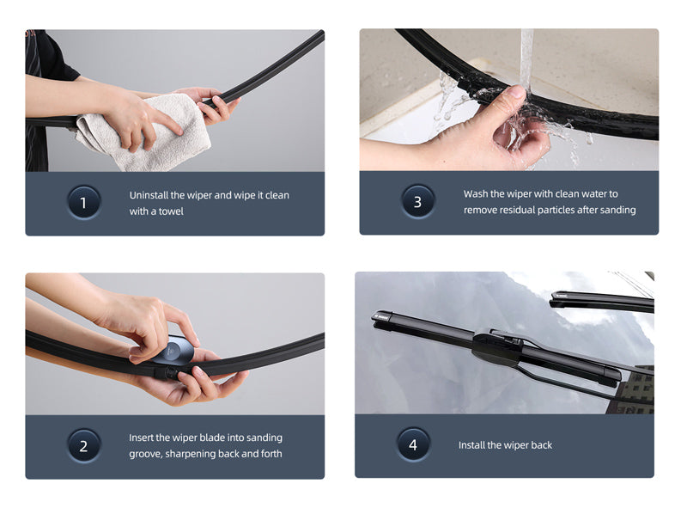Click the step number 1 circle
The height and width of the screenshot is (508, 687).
coord(83,202)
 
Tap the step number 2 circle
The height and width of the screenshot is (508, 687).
coord(83,446)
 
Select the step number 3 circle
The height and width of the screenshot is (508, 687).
coord(417,201)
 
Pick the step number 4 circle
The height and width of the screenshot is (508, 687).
coord(413,444)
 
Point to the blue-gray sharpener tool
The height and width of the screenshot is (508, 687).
coord(174,350)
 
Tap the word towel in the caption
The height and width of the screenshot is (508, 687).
coord(171,211)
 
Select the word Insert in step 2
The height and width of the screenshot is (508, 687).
coord(141,438)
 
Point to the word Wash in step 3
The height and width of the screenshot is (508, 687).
coord(475,193)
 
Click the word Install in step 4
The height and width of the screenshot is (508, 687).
coord(471,445)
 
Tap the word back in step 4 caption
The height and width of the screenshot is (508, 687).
coord(541,445)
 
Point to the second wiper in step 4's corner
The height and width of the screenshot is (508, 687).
coord(602,301)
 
